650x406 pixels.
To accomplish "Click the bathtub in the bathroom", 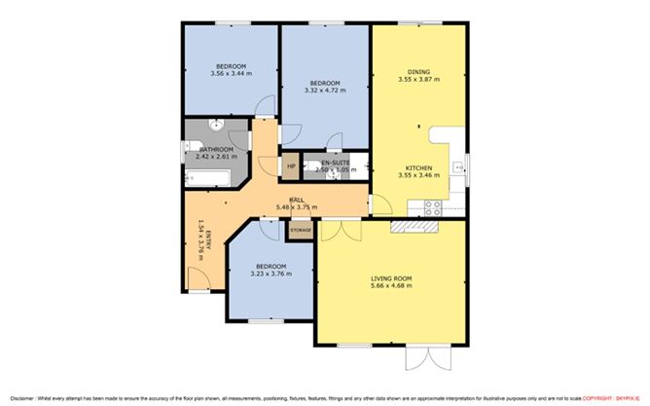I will click(206, 179).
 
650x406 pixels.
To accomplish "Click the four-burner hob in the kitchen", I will click(433, 206).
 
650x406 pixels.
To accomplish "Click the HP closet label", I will click(291, 166).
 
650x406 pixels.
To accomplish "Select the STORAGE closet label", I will click(300, 230).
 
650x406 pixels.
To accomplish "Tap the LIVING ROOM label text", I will click(391, 279).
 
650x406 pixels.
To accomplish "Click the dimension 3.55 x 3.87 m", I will click(419, 79).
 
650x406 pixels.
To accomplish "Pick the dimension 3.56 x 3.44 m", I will click(230, 73).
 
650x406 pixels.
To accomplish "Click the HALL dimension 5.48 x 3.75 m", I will click(297, 205).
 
